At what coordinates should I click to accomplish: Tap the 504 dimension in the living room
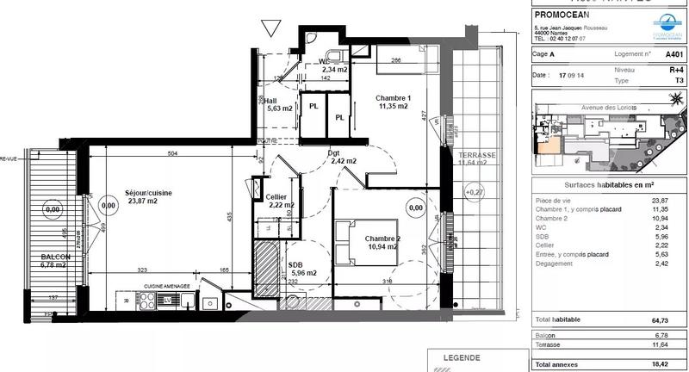pyautogui.click(x=172, y=153)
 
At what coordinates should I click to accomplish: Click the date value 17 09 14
pyautogui.click(x=572, y=75)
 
